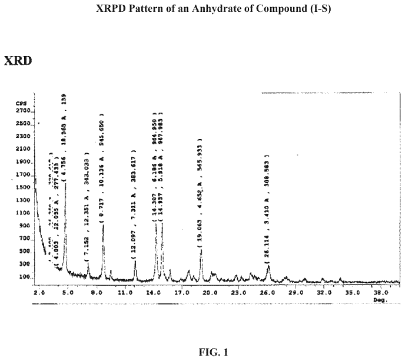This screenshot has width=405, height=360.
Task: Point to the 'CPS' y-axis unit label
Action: pos(21,103)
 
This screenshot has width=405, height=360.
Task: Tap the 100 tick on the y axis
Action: pos(24,277)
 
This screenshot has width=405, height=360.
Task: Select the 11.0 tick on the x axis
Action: pos(124,292)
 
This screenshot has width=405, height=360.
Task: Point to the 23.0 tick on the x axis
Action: pos(238,292)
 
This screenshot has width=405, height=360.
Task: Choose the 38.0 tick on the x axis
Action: pos(380,292)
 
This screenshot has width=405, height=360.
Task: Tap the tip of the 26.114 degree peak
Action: pos(268,265)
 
